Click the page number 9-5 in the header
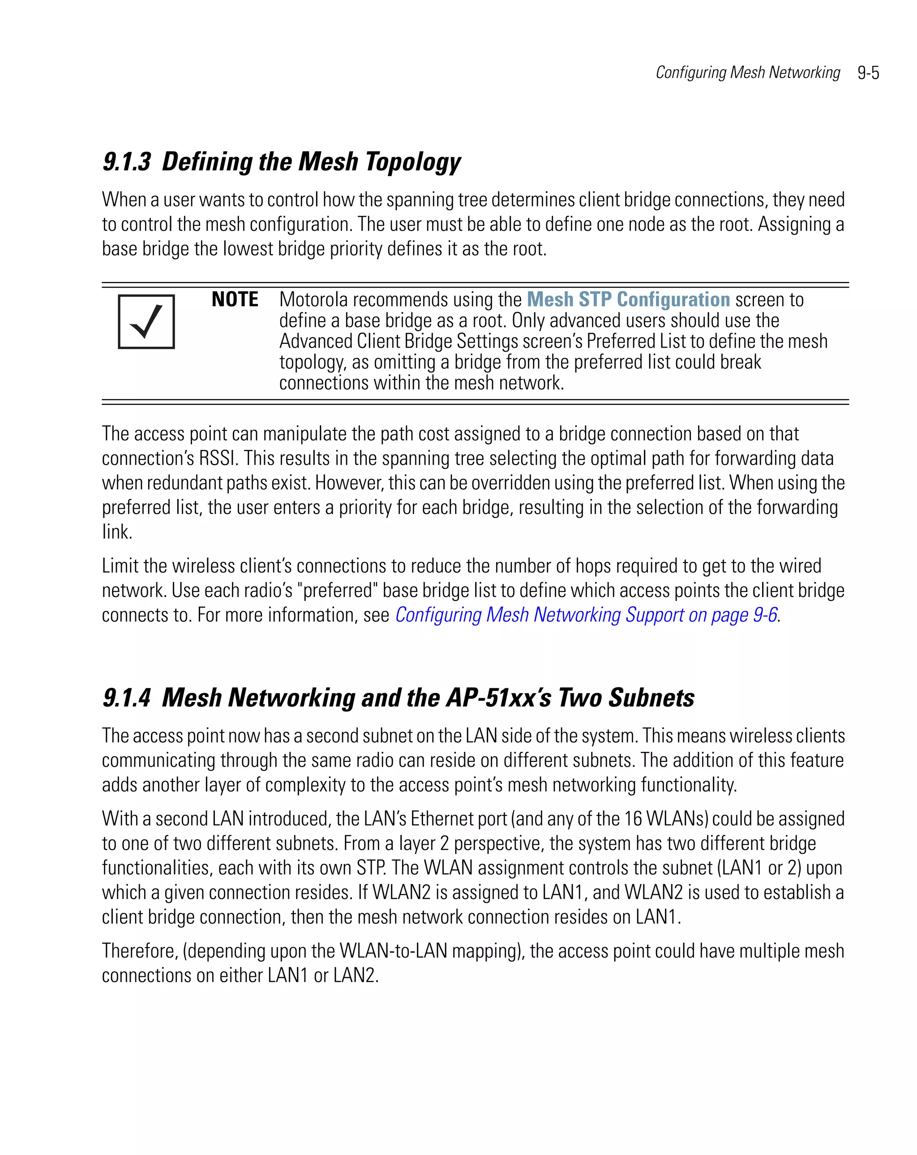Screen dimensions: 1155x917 868,73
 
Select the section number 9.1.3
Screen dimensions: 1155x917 126,162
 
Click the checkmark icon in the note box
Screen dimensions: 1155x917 146,322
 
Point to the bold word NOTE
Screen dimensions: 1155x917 235,300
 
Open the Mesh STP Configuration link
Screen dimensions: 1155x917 628,300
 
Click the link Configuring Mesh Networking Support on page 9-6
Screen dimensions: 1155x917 586,615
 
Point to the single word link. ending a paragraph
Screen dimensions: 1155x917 117,532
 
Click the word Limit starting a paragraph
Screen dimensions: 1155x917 120,566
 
